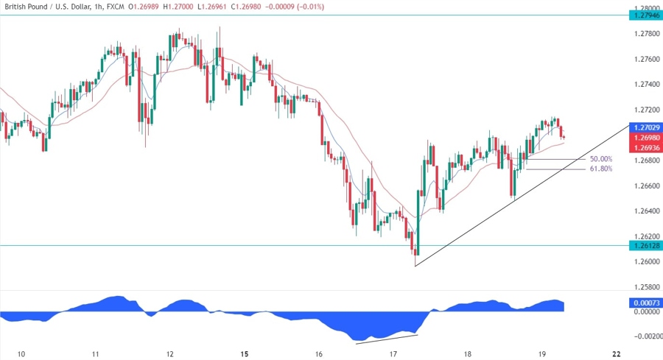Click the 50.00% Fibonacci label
tap(601, 159)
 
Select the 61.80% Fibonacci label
tap(601, 169)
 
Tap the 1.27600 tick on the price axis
tap(645, 59)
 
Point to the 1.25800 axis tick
tap(645, 287)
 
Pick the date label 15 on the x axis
tap(244, 354)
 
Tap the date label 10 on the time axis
tap(21, 354)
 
